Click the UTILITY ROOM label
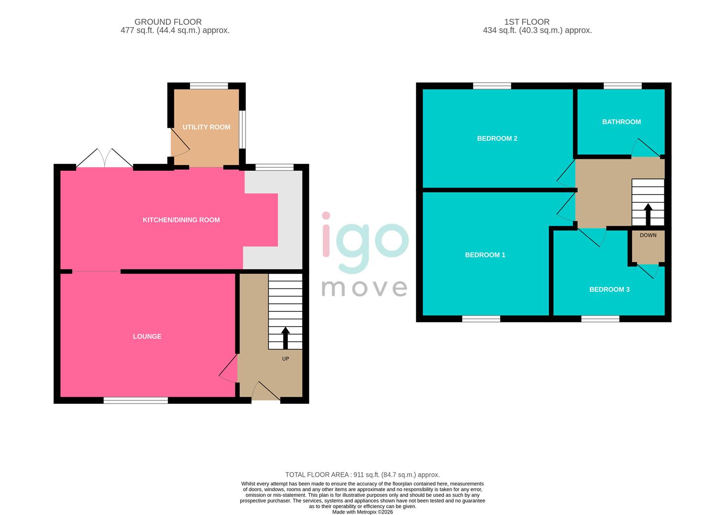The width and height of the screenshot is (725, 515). click(206, 127)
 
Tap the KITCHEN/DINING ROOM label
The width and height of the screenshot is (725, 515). click(181, 220)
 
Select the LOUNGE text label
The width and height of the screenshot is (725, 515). click(147, 336)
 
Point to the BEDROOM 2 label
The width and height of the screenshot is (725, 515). click(497, 138)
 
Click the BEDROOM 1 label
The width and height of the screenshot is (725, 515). click(485, 255)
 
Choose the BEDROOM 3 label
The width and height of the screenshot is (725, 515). click(609, 289)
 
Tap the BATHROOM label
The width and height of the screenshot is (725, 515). click(621, 122)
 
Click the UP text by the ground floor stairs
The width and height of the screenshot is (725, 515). click(285, 359)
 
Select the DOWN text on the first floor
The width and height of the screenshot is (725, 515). click(648, 235)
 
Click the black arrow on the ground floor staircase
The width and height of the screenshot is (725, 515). click(285, 338)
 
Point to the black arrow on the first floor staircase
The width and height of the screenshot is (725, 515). click(648, 214)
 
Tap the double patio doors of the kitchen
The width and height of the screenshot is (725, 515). click(105, 158)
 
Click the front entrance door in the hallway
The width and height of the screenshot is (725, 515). click(266, 392)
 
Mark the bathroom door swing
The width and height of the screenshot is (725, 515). click(645, 148)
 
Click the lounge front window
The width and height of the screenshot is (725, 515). click(136, 401)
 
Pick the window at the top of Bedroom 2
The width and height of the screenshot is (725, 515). click(492, 86)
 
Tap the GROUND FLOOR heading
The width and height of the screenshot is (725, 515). click(168, 22)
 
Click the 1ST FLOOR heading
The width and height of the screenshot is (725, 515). click(526, 22)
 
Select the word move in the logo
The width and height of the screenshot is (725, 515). click(364, 288)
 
